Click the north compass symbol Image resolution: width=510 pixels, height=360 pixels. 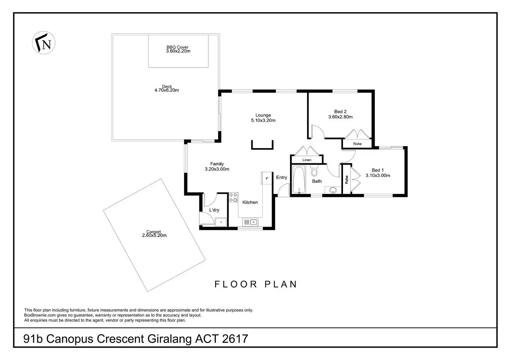[44, 43]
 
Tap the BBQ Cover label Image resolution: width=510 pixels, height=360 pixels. [177, 47]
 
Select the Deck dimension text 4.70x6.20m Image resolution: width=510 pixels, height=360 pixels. [167, 90]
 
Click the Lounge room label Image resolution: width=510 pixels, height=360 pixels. [263, 115]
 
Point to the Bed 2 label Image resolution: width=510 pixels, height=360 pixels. [340, 111]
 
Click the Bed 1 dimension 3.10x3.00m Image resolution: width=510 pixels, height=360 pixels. [378, 175]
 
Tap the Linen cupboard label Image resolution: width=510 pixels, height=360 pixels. [307, 160]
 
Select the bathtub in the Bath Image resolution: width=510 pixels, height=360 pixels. [299, 180]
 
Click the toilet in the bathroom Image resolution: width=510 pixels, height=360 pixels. [314, 171]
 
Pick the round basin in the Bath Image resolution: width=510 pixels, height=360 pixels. [333, 190]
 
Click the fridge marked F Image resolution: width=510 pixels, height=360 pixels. [267, 179]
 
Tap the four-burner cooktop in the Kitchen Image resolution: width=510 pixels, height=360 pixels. [234, 198]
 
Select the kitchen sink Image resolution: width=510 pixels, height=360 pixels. [250, 222]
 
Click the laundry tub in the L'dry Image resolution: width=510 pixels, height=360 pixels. [221, 222]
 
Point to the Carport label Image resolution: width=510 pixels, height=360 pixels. [153, 232]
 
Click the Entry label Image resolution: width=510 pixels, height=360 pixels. [282, 178]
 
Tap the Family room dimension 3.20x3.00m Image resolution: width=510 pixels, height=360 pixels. [217, 169]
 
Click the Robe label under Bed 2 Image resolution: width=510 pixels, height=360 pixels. [357, 144]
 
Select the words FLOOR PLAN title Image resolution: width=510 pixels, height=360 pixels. [256, 285]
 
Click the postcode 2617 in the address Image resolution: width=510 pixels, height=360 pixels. [235, 339]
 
